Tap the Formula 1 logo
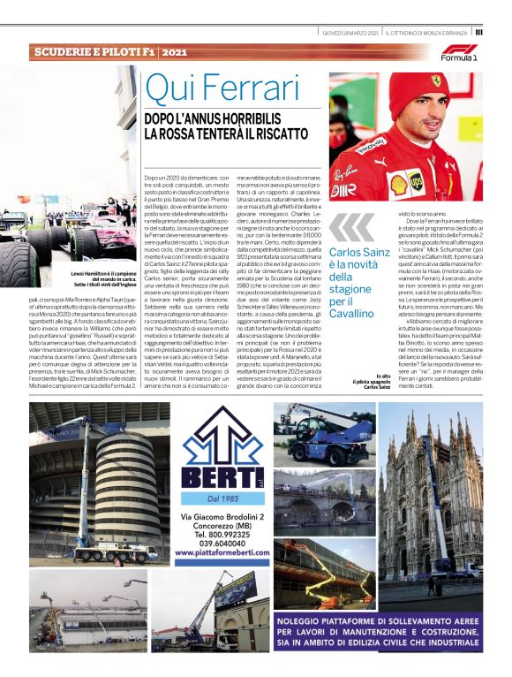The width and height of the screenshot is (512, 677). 459,52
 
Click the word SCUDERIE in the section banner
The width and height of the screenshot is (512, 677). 66,53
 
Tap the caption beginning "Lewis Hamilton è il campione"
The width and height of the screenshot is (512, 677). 102,278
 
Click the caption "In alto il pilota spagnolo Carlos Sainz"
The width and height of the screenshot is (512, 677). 371,381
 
